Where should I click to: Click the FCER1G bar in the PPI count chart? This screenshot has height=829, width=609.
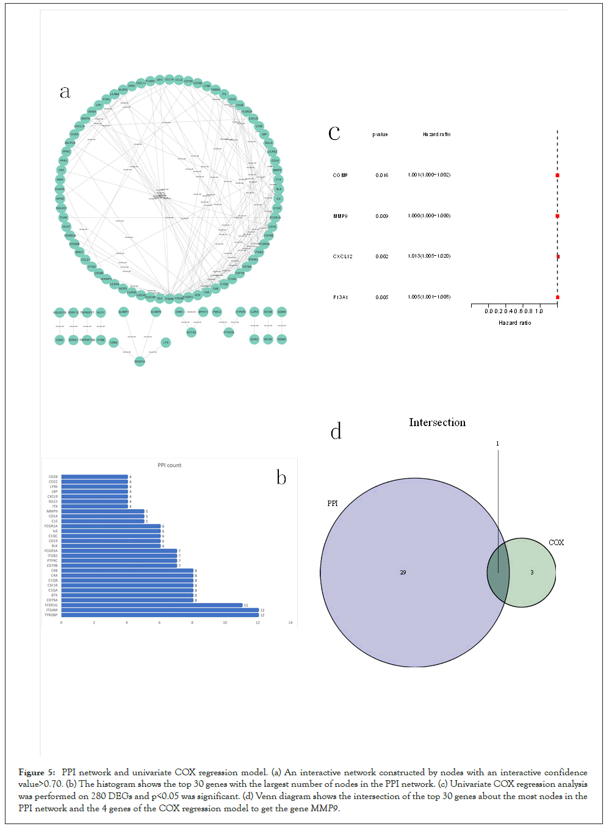click(x=152, y=605)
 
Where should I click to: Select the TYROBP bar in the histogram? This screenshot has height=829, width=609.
click(x=160, y=615)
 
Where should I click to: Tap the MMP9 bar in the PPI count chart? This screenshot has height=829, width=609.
click(x=103, y=511)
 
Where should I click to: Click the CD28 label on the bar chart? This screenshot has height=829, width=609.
click(x=53, y=477)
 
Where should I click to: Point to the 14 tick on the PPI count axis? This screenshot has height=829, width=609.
click(x=290, y=623)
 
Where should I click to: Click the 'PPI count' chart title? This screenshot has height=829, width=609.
click(x=170, y=465)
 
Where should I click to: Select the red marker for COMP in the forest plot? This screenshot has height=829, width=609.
click(x=557, y=175)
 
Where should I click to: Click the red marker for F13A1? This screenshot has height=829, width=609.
click(x=557, y=297)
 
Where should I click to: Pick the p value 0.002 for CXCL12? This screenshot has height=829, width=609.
click(x=382, y=256)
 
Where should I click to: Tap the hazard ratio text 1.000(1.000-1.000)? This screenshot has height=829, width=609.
click(x=429, y=215)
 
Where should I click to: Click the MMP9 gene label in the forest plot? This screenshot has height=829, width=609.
click(x=341, y=216)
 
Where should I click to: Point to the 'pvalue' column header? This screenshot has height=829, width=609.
click(x=380, y=134)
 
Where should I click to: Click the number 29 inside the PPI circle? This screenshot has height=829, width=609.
click(x=403, y=573)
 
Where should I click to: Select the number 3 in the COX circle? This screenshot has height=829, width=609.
click(x=532, y=573)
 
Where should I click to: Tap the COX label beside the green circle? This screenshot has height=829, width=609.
click(x=556, y=542)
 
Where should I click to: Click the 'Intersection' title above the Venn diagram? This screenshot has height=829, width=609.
click(x=437, y=422)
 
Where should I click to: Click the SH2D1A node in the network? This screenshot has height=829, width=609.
click(x=140, y=361)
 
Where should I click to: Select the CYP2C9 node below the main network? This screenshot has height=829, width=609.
click(x=229, y=333)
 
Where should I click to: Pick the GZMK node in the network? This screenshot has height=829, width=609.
click(x=281, y=311)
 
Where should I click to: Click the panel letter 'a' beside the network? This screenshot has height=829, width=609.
click(x=65, y=92)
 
